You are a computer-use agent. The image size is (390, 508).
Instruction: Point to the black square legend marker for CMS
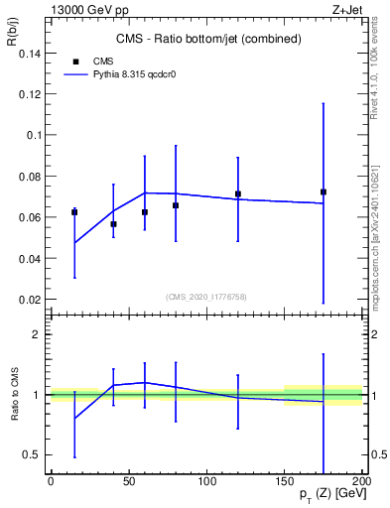76,61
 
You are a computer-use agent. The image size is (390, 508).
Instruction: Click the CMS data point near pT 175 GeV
324,191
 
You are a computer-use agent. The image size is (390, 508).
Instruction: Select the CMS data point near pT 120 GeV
238,194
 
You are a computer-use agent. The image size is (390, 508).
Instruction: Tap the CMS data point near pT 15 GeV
74,212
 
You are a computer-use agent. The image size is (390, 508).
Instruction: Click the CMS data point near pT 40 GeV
113,224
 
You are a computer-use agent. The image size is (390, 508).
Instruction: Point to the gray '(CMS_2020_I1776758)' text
207,296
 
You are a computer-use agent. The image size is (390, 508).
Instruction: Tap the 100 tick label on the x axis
206,480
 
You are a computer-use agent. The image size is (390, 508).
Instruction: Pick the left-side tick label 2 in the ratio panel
35,334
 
